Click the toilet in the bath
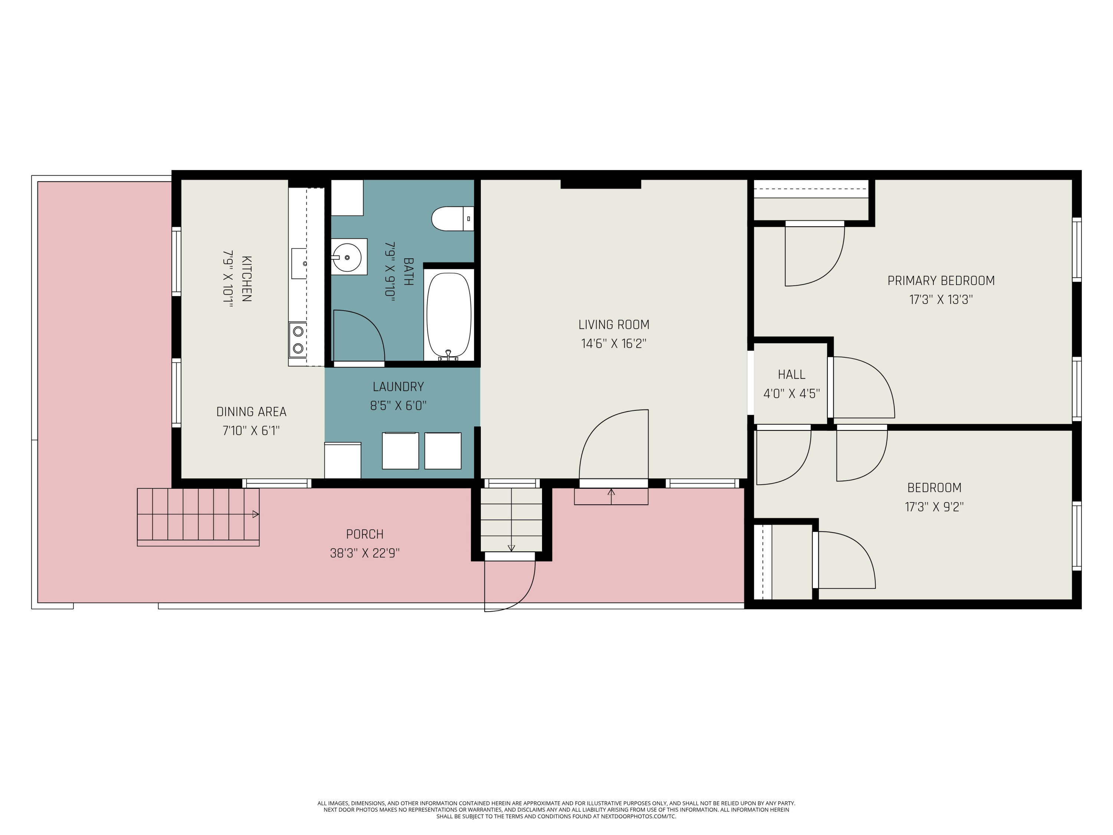(452, 219)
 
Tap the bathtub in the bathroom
(449, 315)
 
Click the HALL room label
(791, 374)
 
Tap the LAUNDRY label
(398, 387)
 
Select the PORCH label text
(364, 534)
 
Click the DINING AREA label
(251, 412)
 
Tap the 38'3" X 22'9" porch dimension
(364, 553)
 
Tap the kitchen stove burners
(298, 340)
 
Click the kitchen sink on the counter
(299, 263)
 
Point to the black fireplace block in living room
(600, 184)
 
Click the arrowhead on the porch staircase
(256, 514)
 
